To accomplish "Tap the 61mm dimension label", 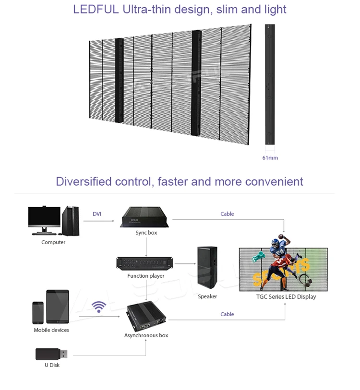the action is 270,158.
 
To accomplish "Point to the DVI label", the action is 97,213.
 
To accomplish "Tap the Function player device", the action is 145,263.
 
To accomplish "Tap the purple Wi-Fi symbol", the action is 99,307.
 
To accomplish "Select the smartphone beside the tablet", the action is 38,313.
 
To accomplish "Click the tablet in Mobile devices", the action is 58,307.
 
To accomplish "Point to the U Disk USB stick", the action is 51,354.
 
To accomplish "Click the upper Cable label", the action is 227,213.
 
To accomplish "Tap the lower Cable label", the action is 227,314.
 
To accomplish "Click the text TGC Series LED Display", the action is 286,297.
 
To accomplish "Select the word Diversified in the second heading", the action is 84,181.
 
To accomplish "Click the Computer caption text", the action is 53,242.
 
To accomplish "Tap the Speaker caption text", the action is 207,296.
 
